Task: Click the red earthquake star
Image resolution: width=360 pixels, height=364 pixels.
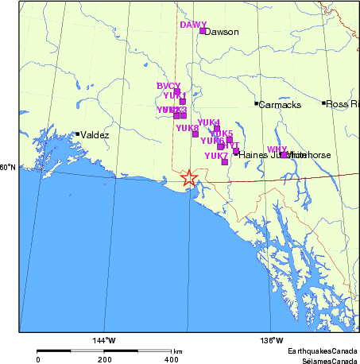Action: click(188, 177)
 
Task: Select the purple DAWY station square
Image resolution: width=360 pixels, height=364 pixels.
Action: click(203, 32)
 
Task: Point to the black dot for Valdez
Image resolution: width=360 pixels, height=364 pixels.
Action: click(77, 134)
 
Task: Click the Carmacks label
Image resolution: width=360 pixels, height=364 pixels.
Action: click(278, 104)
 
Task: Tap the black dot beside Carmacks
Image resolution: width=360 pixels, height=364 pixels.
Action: click(256, 103)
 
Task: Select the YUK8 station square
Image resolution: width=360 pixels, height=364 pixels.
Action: click(195, 134)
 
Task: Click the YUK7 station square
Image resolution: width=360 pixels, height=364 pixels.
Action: click(225, 162)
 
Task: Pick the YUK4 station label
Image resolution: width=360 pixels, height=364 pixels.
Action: click(208, 122)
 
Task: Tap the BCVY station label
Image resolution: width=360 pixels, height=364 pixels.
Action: click(168, 86)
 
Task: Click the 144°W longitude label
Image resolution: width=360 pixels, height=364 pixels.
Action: click(104, 341)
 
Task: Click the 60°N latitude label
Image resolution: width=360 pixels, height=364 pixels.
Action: click(8, 167)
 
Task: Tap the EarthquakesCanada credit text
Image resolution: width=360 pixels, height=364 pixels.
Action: click(322, 350)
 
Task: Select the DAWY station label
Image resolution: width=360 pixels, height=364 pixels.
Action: click(192, 25)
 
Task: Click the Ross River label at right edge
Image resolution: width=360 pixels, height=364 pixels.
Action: click(343, 104)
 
